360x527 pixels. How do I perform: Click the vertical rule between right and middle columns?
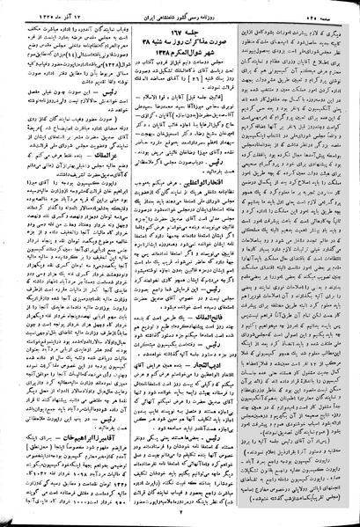[x=240, y=264]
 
